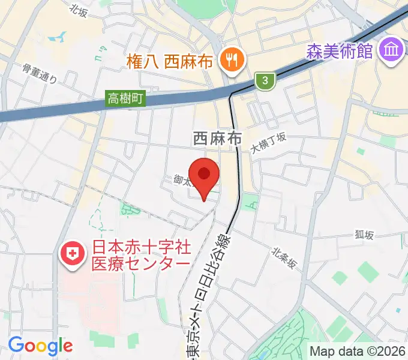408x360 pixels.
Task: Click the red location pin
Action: (x=205, y=175)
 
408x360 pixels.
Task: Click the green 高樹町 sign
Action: (x=126, y=99)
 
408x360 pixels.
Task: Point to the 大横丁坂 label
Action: (x=268, y=143)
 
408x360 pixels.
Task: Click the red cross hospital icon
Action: (x=71, y=254)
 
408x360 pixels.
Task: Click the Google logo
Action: (x=40, y=346)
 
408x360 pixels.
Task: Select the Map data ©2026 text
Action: (x=358, y=351)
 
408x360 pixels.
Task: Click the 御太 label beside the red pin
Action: (x=182, y=179)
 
